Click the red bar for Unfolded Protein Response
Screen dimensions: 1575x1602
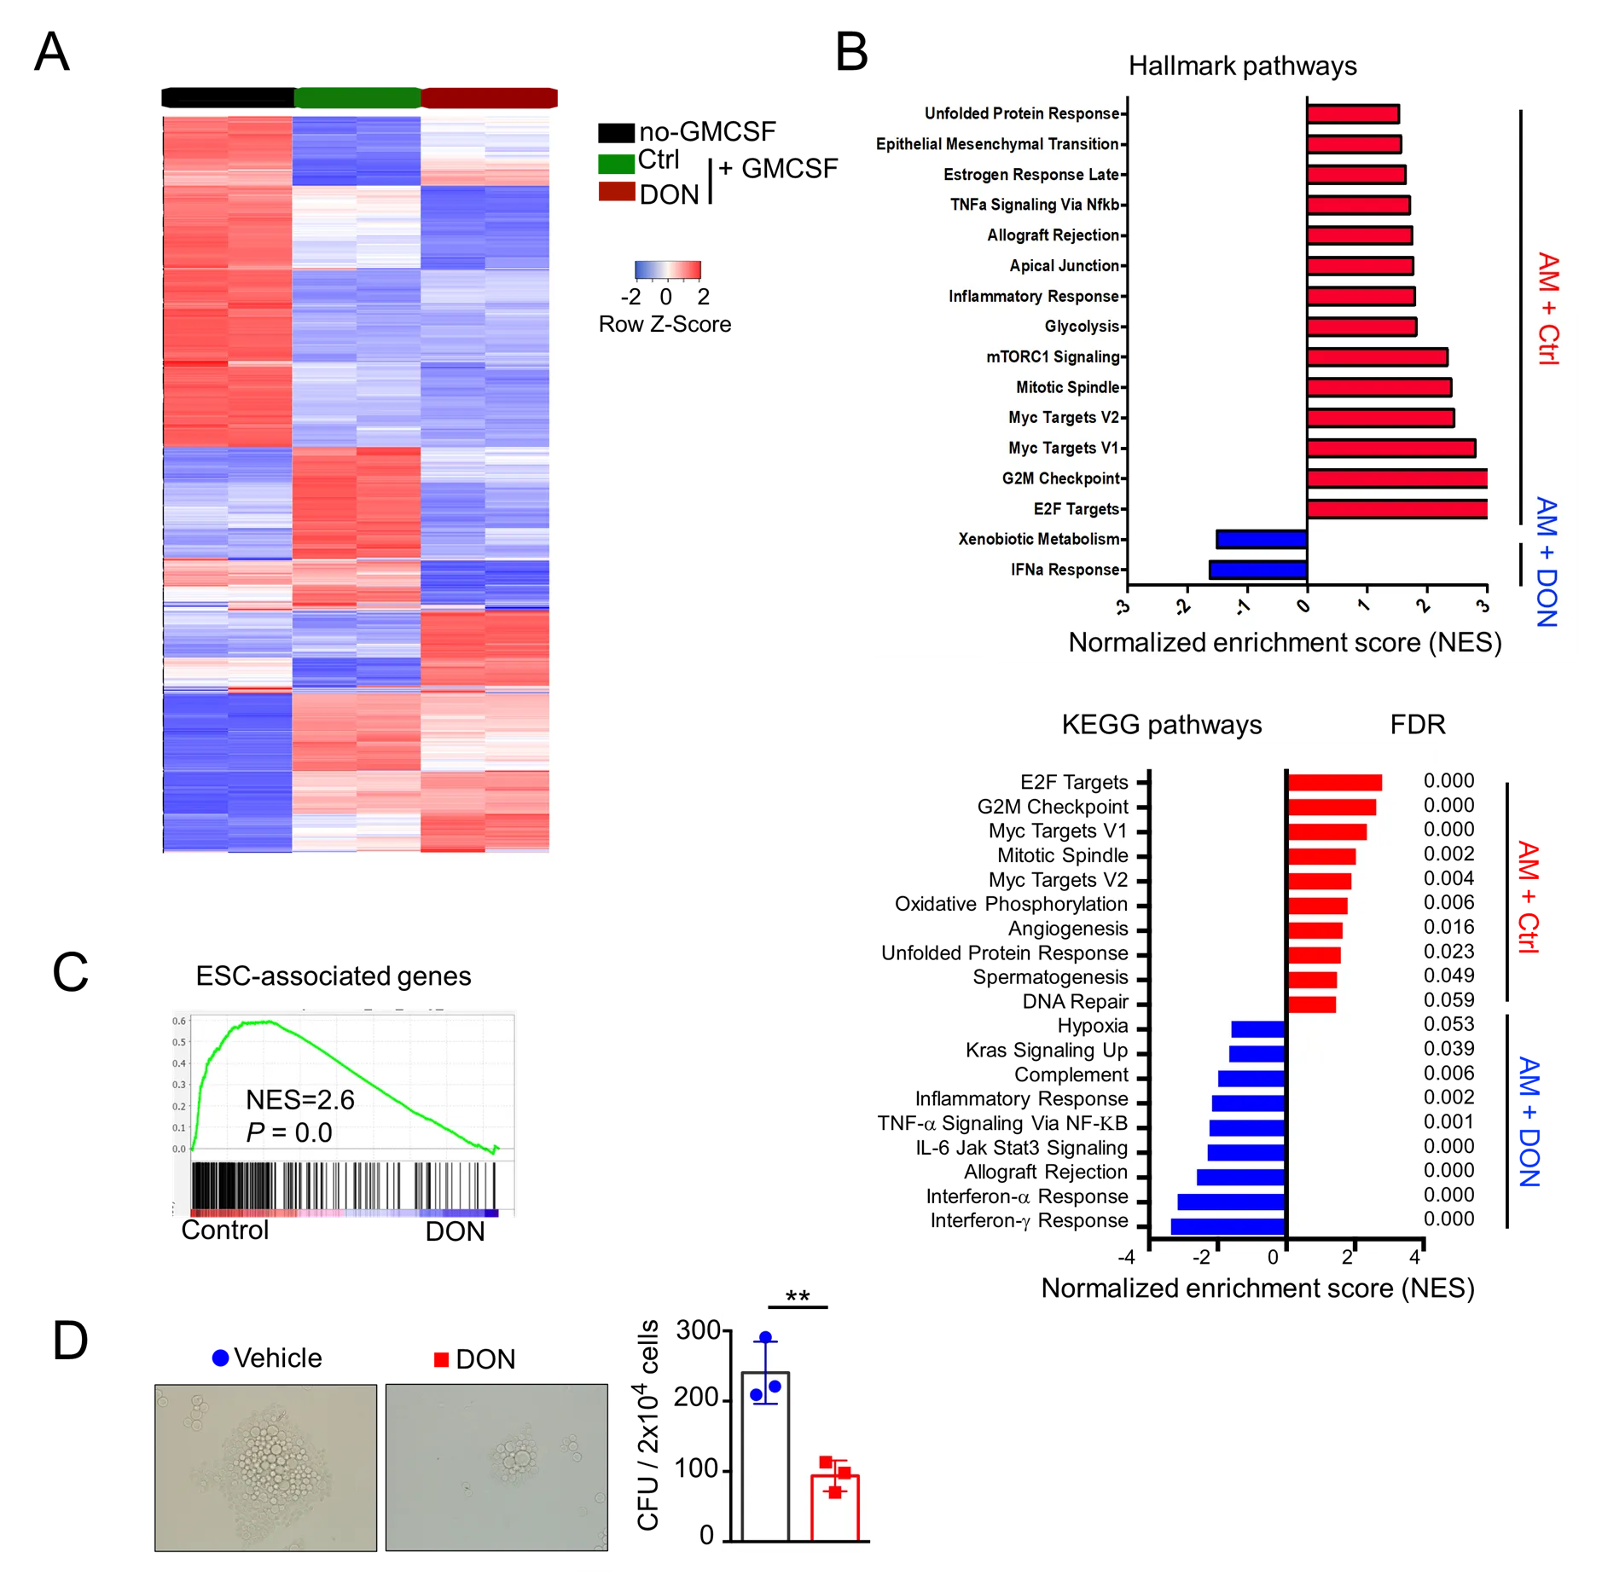pyautogui.click(x=1353, y=113)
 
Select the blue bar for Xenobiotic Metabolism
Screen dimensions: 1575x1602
pyautogui.click(x=1262, y=539)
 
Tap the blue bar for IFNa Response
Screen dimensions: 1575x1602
pyautogui.click(x=1258, y=570)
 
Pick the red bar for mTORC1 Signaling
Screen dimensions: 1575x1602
pyautogui.click(x=1377, y=357)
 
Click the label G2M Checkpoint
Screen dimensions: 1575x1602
pyautogui.click(x=1060, y=478)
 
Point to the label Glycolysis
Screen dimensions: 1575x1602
pyautogui.click(x=1082, y=327)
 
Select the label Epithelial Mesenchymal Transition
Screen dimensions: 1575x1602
pyautogui.click(x=997, y=144)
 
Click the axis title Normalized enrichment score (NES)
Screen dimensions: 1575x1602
pyautogui.click(x=1285, y=642)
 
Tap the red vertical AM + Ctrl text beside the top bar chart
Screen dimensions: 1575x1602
pyautogui.click(x=1548, y=309)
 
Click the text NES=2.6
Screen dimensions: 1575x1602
pyautogui.click(x=300, y=1100)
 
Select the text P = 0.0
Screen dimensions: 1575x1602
pyautogui.click(x=289, y=1132)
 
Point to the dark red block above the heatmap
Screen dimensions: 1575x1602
pyautogui.click(x=490, y=96)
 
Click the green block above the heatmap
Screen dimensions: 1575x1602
pyautogui.click(x=357, y=96)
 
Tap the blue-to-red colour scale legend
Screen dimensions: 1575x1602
pyautogui.click(x=668, y=271)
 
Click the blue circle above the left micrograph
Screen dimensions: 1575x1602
pyautogui.click(x=221, y=1358)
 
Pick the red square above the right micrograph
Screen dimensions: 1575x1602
pyautogui.click(x=440, y=1359)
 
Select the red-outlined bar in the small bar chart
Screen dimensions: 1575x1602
pyautogui.click(x=834, y=1508)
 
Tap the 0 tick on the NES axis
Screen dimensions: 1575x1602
pyautogui.click(x=1303, y=606)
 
